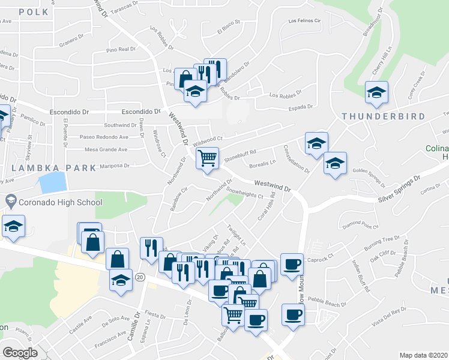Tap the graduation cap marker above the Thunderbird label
tap(376, 92)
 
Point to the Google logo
tap(20, 352)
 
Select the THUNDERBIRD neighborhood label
tap(384, 116)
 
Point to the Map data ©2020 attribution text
tap(423, 355)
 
